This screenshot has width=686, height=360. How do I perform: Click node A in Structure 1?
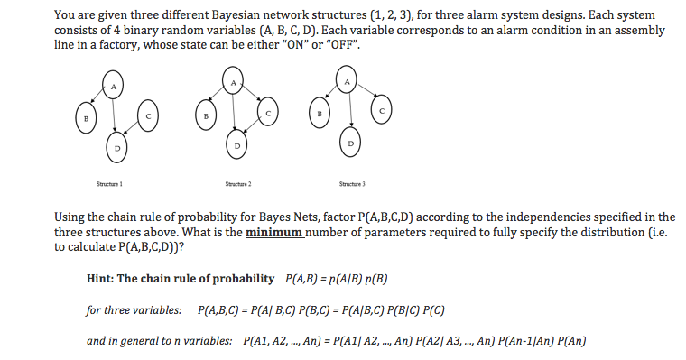pos(114,86)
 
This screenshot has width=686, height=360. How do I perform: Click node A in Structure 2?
pos(232,84)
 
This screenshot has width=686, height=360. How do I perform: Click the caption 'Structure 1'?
pos(108,183)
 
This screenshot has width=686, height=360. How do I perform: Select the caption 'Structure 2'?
pos(236,183)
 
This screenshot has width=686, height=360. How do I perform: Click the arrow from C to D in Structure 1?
pos(132,132)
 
